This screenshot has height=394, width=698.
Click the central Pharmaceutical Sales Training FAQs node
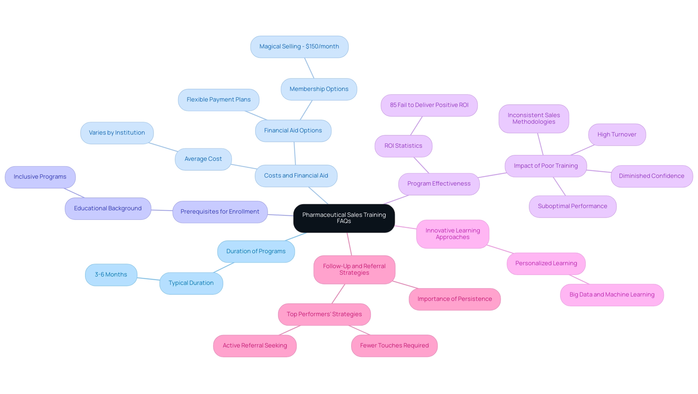[x=344, y=218]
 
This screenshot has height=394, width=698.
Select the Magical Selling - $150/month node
[x=299, y=47]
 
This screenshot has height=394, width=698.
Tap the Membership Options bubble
[x=319, y=89]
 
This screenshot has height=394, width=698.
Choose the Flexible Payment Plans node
[x=218, y=100]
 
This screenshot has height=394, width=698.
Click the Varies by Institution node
[x=117, y=133]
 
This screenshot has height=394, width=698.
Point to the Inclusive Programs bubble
[x=40, y=177]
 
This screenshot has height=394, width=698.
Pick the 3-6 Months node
[x=111, y=275]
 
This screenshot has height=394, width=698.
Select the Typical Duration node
[x=191, y=283]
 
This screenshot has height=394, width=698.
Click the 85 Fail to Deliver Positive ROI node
[x=429, y=105]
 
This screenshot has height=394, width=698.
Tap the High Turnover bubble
[x=617, y=135]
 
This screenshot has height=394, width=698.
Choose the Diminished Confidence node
[x=651, y=176]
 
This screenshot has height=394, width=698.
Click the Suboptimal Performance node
[x=572, y=206]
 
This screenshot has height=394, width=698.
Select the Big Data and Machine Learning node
[x=611, y=295]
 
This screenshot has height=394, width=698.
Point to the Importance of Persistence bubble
[x=454, y=299]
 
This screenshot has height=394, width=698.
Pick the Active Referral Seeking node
[x=254, y=346]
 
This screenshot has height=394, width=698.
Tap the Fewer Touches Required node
[x=394, y=346]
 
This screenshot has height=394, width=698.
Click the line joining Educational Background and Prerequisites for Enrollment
[x=162, y=210]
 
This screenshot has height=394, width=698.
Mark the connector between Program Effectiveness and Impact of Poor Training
[x=492, y=175]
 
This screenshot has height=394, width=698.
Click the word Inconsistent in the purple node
[x=523, y=115]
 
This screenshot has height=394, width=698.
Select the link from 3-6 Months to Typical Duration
[x=148, y=279]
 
